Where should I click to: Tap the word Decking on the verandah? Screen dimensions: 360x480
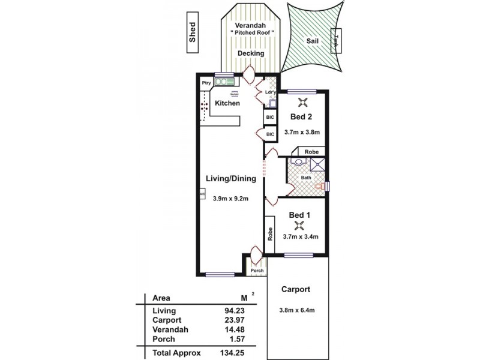(251, 53)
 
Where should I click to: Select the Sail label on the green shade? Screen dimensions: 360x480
(313, 42)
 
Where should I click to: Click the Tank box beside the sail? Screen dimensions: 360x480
(337, 41)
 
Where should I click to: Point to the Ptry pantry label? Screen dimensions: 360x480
(206, 82)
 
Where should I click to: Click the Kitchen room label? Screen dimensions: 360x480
(227, 104)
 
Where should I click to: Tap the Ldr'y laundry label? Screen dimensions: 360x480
(270, 92)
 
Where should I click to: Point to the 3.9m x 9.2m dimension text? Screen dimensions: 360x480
(231, 199)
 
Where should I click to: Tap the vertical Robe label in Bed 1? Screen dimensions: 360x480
(270, 233)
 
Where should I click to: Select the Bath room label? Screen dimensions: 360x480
(306, 178)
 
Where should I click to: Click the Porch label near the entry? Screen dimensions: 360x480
(257, 271)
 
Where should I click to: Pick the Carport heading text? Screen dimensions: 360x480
(296, 289)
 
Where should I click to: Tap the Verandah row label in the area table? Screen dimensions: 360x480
(170, 329)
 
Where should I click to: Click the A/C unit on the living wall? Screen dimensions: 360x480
(202, 195)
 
